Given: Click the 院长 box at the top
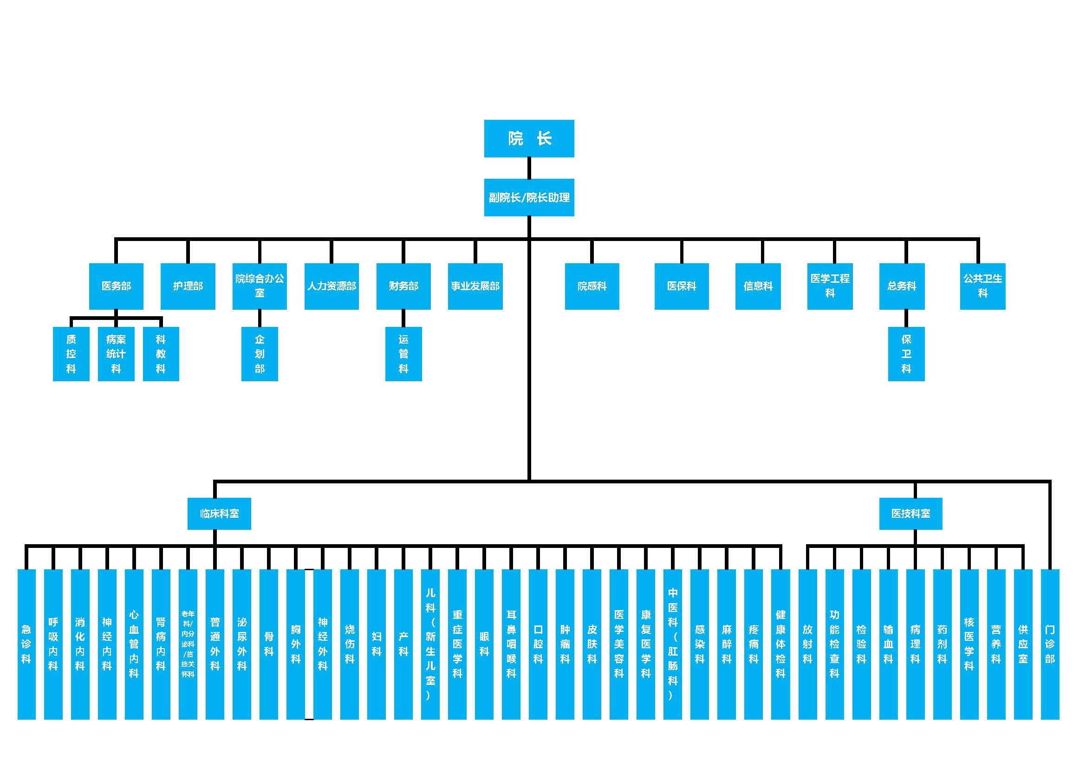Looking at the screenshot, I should (529, 138).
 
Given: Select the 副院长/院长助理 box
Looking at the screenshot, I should (529, 197).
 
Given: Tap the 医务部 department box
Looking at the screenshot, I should (116, 286).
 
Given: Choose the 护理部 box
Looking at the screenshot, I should (188, 286).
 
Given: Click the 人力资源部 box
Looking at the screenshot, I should (332, 286).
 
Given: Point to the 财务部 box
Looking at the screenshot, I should (403, 286).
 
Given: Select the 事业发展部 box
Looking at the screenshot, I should (475, 286).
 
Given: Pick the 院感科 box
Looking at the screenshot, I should (592, 286).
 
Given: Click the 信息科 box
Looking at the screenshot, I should (758, 286).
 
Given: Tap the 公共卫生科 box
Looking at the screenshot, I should (982, 286).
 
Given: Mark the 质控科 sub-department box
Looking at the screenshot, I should (71, 354).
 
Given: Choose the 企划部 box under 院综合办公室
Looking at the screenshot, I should (260, 354).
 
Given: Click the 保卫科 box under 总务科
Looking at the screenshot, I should (906, 354).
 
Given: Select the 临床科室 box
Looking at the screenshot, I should (219, 514).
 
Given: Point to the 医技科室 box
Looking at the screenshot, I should (910, 514).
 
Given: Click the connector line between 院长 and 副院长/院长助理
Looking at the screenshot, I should (529, 168).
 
